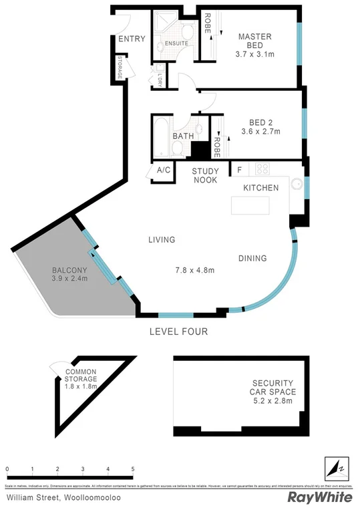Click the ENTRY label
[131, 39]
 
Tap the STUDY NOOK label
[205, 175]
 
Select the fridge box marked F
[238, 169]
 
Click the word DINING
[252, 258]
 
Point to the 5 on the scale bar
[134, 469]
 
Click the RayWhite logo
[320, 497]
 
